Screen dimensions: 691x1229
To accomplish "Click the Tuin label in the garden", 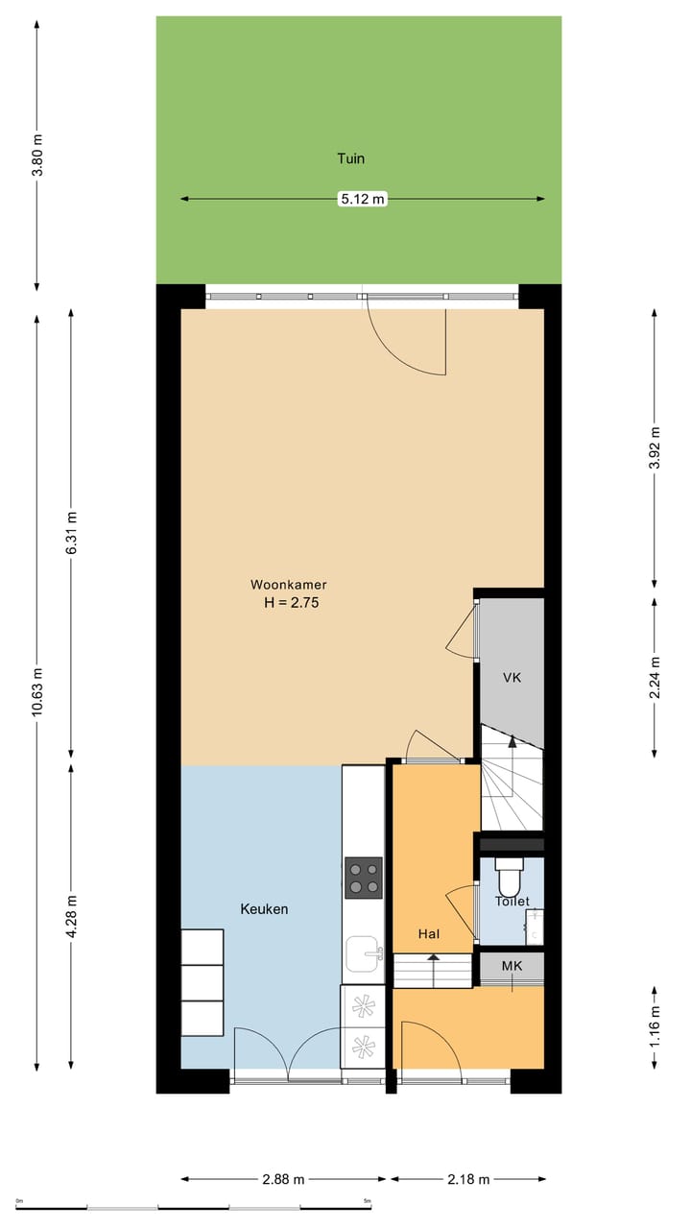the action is click(351, 158).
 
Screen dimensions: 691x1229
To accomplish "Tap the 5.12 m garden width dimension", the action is click(363, 199).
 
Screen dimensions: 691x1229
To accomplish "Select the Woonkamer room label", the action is click(289, 585).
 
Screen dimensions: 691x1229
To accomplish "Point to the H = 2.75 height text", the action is click(291, 602).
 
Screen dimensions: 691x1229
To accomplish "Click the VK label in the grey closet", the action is click(512, 678).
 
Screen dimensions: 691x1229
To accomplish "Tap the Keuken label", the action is click(264, 909).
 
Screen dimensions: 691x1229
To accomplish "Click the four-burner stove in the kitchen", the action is click(363, 878).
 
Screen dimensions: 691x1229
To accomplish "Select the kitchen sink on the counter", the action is click(363, 953).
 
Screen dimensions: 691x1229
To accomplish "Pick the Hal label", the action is click(429, 934).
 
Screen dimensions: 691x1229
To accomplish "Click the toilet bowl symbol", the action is click(510, 878).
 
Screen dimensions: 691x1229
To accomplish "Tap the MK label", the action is click(512, 966).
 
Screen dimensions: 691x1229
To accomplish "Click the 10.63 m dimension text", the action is click(36, 692).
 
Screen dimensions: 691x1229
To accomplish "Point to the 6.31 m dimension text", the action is click(71, 532).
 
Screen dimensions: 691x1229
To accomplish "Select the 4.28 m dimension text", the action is click(71, 916).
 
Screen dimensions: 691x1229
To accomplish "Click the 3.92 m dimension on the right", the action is click(655, 447).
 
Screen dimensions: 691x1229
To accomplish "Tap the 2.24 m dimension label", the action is click(655, 678).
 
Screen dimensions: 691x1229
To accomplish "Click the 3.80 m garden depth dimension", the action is click(36, 156).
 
